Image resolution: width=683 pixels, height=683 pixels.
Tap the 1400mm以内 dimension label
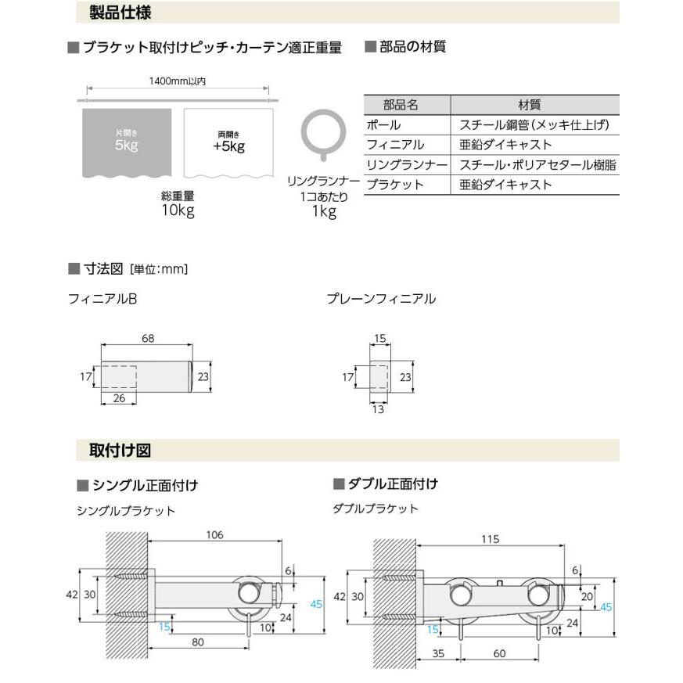click(x=177, y=81)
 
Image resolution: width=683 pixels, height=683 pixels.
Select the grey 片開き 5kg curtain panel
click(x=127, y=141)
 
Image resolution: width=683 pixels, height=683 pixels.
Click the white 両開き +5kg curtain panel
click(x=228, y=141)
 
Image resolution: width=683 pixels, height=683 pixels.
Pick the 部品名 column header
click(x=406, y=104)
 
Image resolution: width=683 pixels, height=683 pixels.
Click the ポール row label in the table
click(x=384, y=124)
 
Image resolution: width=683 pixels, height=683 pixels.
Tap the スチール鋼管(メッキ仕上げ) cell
click(x=534, y=124)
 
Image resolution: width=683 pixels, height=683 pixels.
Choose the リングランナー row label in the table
click(x=406, y=165)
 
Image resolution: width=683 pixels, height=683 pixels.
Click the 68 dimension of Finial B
click(x=148, y=338)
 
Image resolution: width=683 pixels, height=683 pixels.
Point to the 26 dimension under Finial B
click(x=119, y=398)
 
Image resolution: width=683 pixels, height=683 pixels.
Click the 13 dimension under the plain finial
click(x=379, y=408)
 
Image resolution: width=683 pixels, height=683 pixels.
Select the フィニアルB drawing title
click(x=102, y=298)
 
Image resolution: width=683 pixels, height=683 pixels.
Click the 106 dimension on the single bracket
click(x=214, y=535)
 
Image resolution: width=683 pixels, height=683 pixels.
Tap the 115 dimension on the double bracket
click(x=491, y=539)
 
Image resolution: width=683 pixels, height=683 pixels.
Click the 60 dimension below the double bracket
click(x=499, y=652)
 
